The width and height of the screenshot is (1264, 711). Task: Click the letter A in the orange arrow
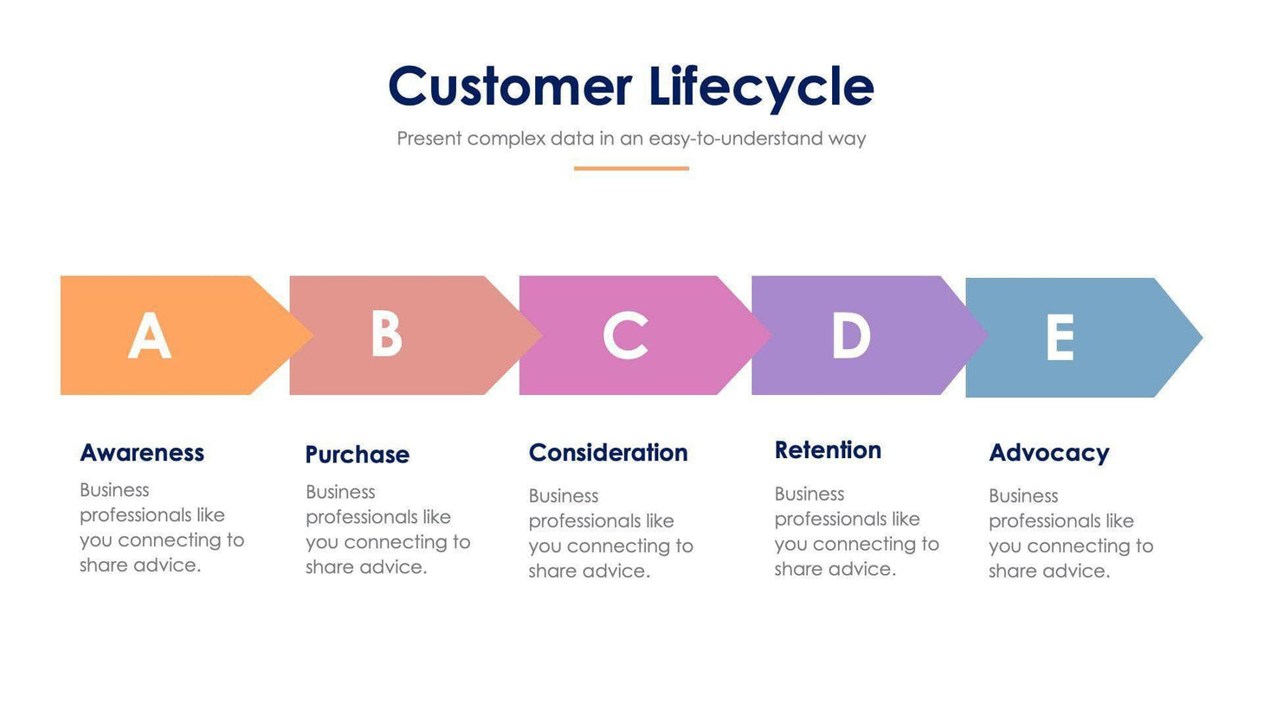(x=150, y=336)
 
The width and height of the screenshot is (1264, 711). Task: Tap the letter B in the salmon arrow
(x=386, y=334)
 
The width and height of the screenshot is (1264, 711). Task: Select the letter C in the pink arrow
(x=625, y=335)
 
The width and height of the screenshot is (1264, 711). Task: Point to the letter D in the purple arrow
(x=850, y=335)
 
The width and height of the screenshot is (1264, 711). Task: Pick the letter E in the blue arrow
(x=1060, y=338)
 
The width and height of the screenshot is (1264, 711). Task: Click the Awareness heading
(x=142, y=453)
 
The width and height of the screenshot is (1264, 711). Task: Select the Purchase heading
(x=357, y=455)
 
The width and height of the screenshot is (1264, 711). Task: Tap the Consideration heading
(x=608, y=453)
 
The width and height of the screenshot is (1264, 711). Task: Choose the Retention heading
(x=828, y=450)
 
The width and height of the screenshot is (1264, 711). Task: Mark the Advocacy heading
(x=1048, y=453)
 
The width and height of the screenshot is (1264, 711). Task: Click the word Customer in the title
(x=510, y=87)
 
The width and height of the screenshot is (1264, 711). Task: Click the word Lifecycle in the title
(x=761, y=87)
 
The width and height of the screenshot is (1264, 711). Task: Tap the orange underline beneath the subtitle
(x=631, y=168)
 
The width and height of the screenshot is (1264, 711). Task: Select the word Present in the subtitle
(x=429, y=139)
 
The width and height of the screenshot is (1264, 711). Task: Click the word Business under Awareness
(x=114, y=490)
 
